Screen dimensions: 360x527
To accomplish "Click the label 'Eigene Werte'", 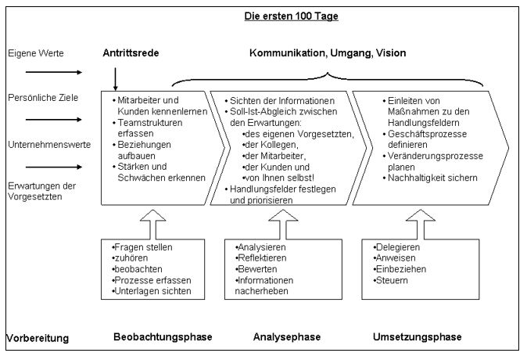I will (36, 53).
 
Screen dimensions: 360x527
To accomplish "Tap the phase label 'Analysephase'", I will (286, 337).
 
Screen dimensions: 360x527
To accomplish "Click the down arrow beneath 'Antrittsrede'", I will (115, 79).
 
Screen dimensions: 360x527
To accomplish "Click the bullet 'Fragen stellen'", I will (144, 247).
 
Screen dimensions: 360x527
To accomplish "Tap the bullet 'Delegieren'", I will (399, 247).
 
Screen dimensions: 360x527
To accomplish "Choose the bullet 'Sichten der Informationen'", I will (283, 102).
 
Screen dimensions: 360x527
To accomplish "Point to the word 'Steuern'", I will (393, 280).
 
